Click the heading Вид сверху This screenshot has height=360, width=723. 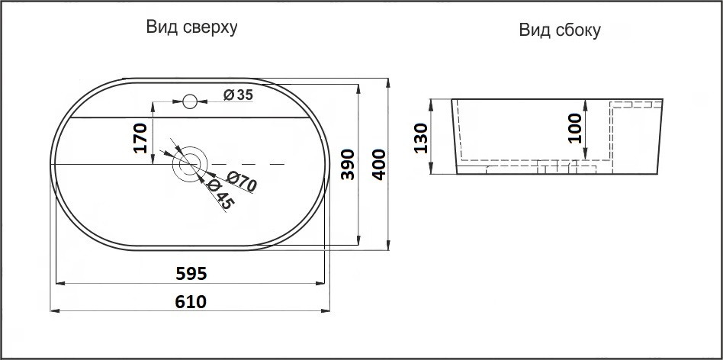click(192, 27)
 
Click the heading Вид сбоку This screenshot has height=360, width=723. click(561, 31)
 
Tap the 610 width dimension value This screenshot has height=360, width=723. click(191, 301)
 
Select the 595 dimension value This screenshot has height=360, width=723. click(191, 272)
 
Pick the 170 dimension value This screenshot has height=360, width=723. click(140, 137)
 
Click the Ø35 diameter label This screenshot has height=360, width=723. click(238, 95)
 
